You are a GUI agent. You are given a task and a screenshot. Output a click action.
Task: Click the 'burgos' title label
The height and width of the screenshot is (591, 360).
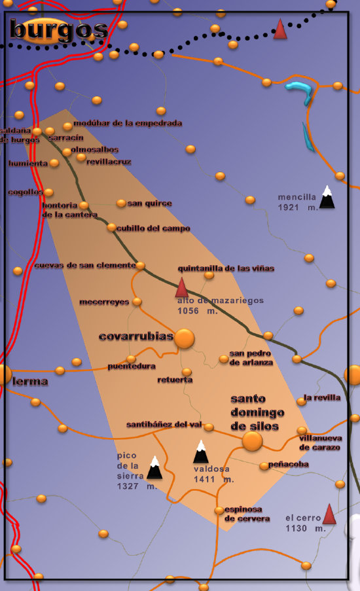click(59, 29)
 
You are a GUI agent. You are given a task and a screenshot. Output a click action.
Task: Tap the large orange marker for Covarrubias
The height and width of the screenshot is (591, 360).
click(185, 338)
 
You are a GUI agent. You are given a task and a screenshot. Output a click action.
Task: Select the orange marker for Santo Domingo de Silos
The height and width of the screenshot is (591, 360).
click(252, 441)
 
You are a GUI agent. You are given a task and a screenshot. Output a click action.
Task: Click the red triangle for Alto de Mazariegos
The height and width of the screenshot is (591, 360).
click(182, 287)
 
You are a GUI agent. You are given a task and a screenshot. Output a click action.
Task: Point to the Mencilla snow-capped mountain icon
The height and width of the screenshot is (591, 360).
click(327, 196)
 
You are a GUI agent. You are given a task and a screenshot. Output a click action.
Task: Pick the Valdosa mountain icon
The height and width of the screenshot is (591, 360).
click(201, 452)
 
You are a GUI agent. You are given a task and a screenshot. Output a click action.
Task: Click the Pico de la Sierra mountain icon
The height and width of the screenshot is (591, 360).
click(154, 468)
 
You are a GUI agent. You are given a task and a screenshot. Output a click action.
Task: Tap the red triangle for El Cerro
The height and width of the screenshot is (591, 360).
click(329, 514)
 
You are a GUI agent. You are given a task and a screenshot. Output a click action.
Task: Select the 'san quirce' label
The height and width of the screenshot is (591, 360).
click(149, 204)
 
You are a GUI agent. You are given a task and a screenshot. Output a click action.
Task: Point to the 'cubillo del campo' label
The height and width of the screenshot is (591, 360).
click(153, 228)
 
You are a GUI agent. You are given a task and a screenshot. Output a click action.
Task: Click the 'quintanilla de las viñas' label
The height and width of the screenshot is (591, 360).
click(226, 268)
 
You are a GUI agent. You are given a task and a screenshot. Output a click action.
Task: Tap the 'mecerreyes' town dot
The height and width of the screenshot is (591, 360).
click(137, 302)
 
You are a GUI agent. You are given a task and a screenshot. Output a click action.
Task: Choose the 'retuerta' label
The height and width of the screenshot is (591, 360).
click(175, 380)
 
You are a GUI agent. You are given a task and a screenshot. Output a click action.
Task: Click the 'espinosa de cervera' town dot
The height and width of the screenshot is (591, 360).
click(219, 510)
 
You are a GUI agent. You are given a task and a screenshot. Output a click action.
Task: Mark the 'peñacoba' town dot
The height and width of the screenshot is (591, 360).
click(264, 466)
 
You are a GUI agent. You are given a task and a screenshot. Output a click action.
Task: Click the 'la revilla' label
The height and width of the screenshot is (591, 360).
click(322, 397)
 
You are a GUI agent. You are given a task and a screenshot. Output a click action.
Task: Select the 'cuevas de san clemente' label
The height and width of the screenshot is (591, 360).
click(84, 265)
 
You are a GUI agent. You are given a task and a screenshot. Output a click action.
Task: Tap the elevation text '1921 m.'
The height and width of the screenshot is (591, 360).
click(297, 207)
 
